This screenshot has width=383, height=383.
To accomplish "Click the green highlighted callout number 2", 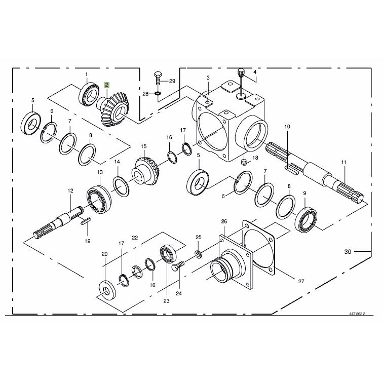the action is [x=107, y=85].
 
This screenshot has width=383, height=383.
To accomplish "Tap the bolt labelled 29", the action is [x=158, y=78].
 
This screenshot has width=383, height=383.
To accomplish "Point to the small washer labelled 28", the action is [x=158, y=93].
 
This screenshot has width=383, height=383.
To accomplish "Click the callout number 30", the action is [x=348, y=252].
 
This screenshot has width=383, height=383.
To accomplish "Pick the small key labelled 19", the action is [x=86, y=220].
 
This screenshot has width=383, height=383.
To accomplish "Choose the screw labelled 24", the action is [x=178, y=266].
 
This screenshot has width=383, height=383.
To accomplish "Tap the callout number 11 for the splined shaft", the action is [x=344, y=162].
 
